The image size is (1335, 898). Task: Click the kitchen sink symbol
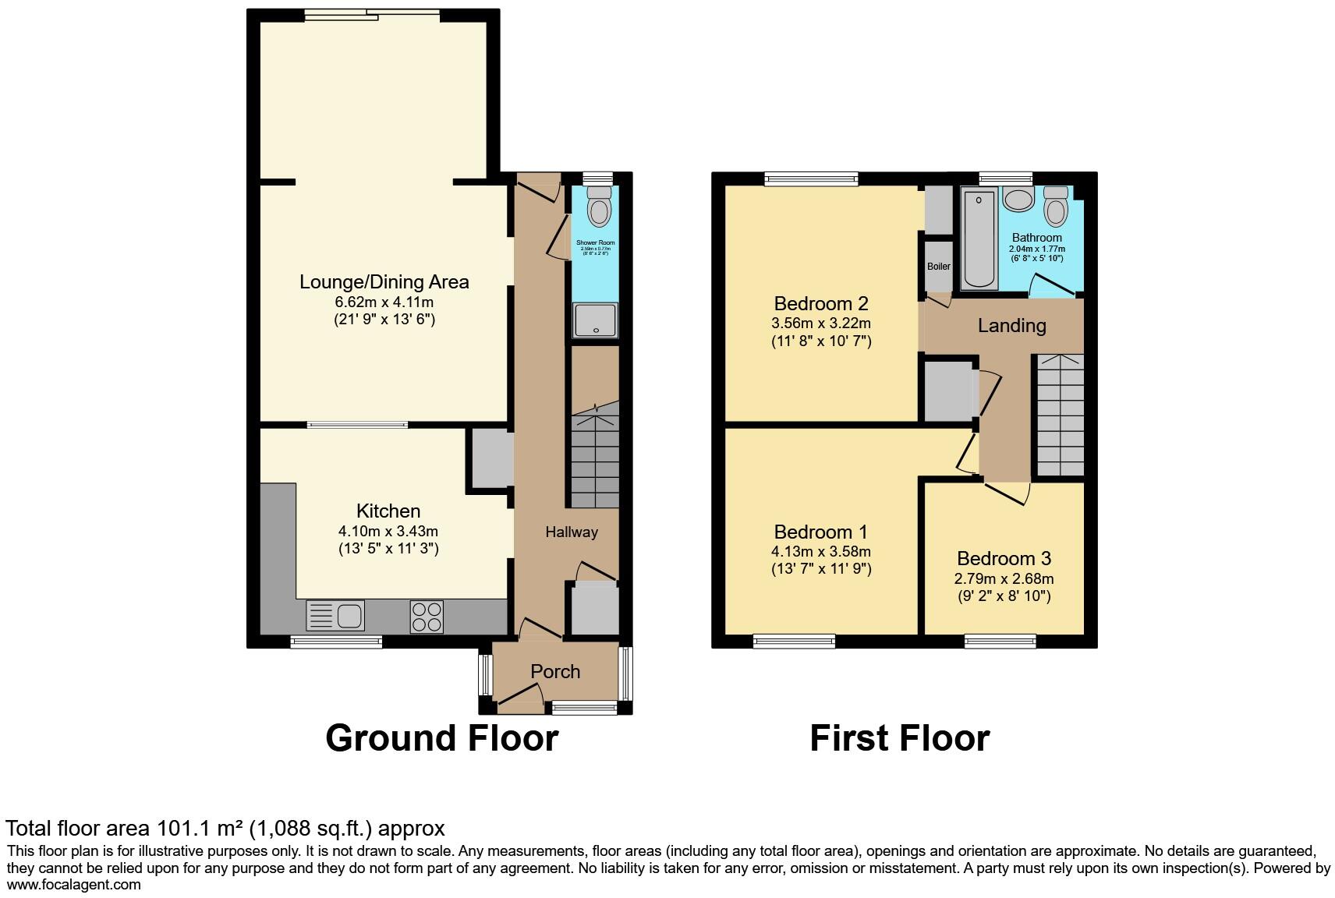point(336,616)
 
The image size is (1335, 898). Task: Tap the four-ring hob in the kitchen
point(427,617)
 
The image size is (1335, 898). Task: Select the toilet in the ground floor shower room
point(599,206)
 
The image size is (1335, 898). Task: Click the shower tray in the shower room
point(597,320)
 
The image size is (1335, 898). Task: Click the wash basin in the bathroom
point(1018,199)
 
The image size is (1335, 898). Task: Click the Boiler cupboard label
point(939,267)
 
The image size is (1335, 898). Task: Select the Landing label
point(1011,326)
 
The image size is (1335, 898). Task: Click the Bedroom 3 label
point(1004,558)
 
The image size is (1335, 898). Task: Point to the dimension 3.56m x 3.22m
point(821,323)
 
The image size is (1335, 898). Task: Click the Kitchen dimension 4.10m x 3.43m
point(388,532)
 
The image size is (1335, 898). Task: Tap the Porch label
point(555,671)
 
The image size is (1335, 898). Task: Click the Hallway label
point(571,532)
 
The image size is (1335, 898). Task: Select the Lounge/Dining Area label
point(384,282)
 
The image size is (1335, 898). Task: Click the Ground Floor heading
point(441,738)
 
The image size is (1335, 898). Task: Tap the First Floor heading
point(899,738)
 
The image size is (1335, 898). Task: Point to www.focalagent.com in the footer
point(74,885)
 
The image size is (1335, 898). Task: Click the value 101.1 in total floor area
point(182,828)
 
